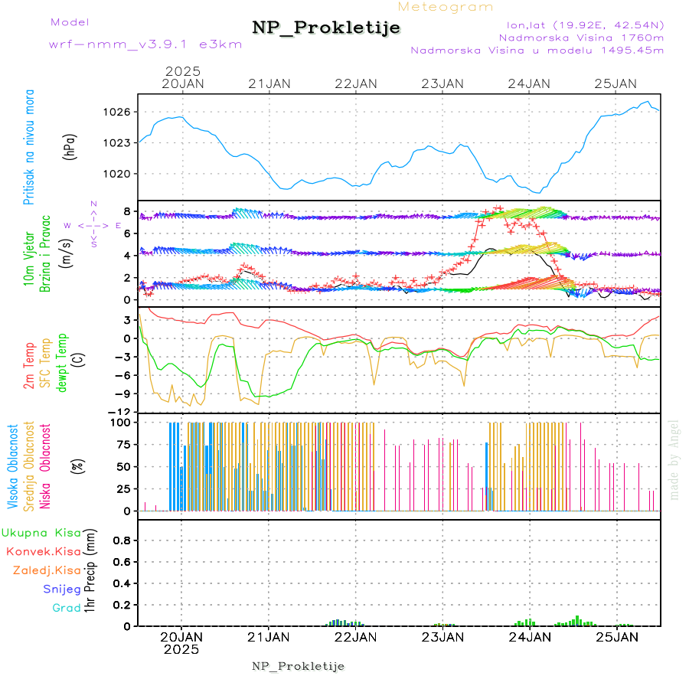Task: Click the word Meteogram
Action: coord(446,7)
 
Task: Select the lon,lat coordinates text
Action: coord(580,24)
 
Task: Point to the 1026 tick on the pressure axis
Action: coord(117,112)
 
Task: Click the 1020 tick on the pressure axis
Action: coord(117,173)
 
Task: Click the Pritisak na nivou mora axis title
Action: coord(29,146)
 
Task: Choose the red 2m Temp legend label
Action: coord(29,366)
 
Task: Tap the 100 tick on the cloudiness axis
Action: coord(121,422)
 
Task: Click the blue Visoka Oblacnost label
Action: coord(14,465)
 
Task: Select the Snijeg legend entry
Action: coord(61,589)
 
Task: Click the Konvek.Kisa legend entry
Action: coord(43,551)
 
